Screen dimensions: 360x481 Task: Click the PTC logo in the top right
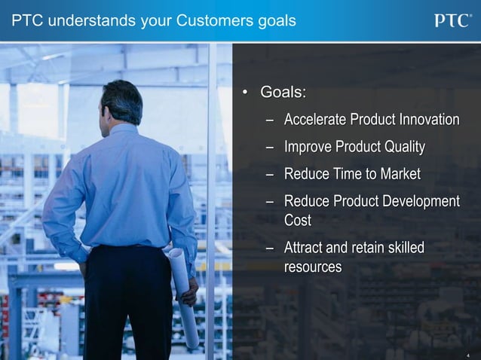click(x=452, y=20)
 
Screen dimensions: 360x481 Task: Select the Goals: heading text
click(x=283, y=93)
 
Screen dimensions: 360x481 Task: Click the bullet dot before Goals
click(x=244, y=93)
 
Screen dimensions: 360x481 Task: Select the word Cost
click(x=297, y=221)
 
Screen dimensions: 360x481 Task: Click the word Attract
click(x=305, y=248)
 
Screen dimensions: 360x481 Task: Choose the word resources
click(x=312, y=267)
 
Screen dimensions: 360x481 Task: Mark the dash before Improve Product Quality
click(x=269, y=147)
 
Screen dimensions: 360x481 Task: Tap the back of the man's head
click(x=122, y=102)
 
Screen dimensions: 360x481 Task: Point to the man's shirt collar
click(x=124, y=129)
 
